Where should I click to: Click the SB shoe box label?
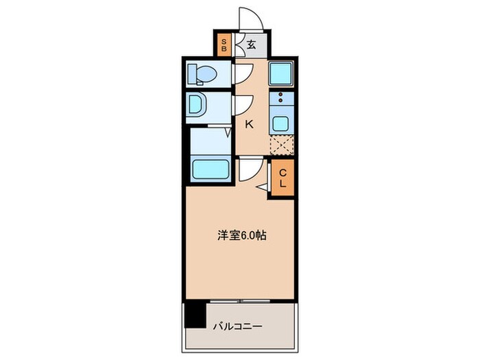pyautogui.click(x=224, y=45)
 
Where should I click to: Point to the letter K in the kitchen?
pyautogui.click(x=250, y=124)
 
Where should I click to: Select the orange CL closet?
pyautogui.click(x=282, y=180)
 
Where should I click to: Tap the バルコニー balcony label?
pyautogui.click(x=237, y=326)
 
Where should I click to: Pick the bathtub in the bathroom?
pyautogui.click(x=210, y=169)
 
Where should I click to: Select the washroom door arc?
pyautogui.click(x=241, y=104)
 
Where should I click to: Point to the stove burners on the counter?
pyautogui.click(x=281, y=99)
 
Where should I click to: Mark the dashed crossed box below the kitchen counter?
pyautogui.click(x=281, y=146)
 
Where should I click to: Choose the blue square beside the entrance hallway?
pyautogui.click(x=281, y=73)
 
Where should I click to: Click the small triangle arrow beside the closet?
pyautogui.click(x=261, y=186)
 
